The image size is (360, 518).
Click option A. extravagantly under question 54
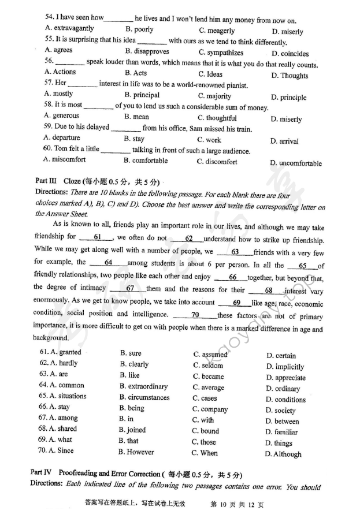tap(69, 28)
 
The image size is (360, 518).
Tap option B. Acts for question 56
tap(136, 73)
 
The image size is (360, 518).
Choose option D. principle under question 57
tap(289, 98)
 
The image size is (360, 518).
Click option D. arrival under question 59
tap(284, 141)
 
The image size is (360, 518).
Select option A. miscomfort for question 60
tap(65, 160)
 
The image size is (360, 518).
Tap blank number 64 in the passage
tap(108, 263)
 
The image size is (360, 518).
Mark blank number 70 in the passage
tap(195, 315)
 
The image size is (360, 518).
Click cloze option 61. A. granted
tap(61, 352)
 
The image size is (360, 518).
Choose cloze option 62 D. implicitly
tap(285, 367)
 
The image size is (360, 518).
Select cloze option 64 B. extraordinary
tap(143, 386)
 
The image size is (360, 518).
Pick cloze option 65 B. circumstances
tap(144, 397)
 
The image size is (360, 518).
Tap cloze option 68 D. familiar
tap(281, 432)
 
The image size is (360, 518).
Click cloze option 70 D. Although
tap(283, 454)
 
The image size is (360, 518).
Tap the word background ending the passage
tap(50, 338)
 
